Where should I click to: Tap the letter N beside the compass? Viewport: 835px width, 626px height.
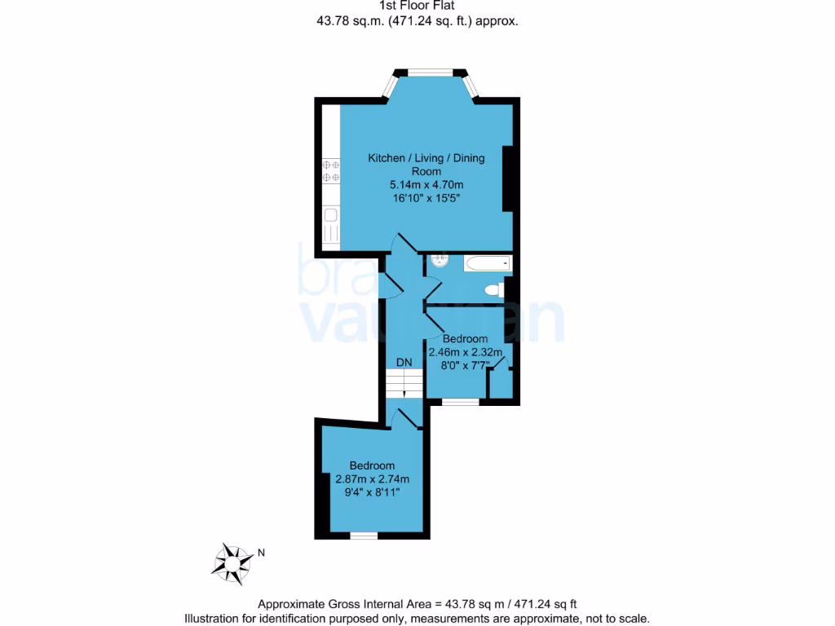[261, 553]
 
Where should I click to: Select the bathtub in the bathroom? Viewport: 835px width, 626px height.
[486, 263]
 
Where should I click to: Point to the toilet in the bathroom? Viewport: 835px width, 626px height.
[493, 289]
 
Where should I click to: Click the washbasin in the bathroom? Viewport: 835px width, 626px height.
[438, 261]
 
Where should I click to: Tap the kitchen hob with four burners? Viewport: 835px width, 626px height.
[331, 170]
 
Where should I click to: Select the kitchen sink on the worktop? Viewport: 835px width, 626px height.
[331, 216]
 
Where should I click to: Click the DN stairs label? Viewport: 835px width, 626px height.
[404, 362]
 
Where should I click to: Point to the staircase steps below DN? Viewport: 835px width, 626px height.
[404, 383]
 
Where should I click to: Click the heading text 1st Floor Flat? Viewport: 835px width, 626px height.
[417, 6]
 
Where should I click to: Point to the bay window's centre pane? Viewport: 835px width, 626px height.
[431, 73]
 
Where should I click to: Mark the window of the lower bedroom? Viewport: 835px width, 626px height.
[364, 536]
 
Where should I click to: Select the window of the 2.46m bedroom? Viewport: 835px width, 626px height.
[461, 402]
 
